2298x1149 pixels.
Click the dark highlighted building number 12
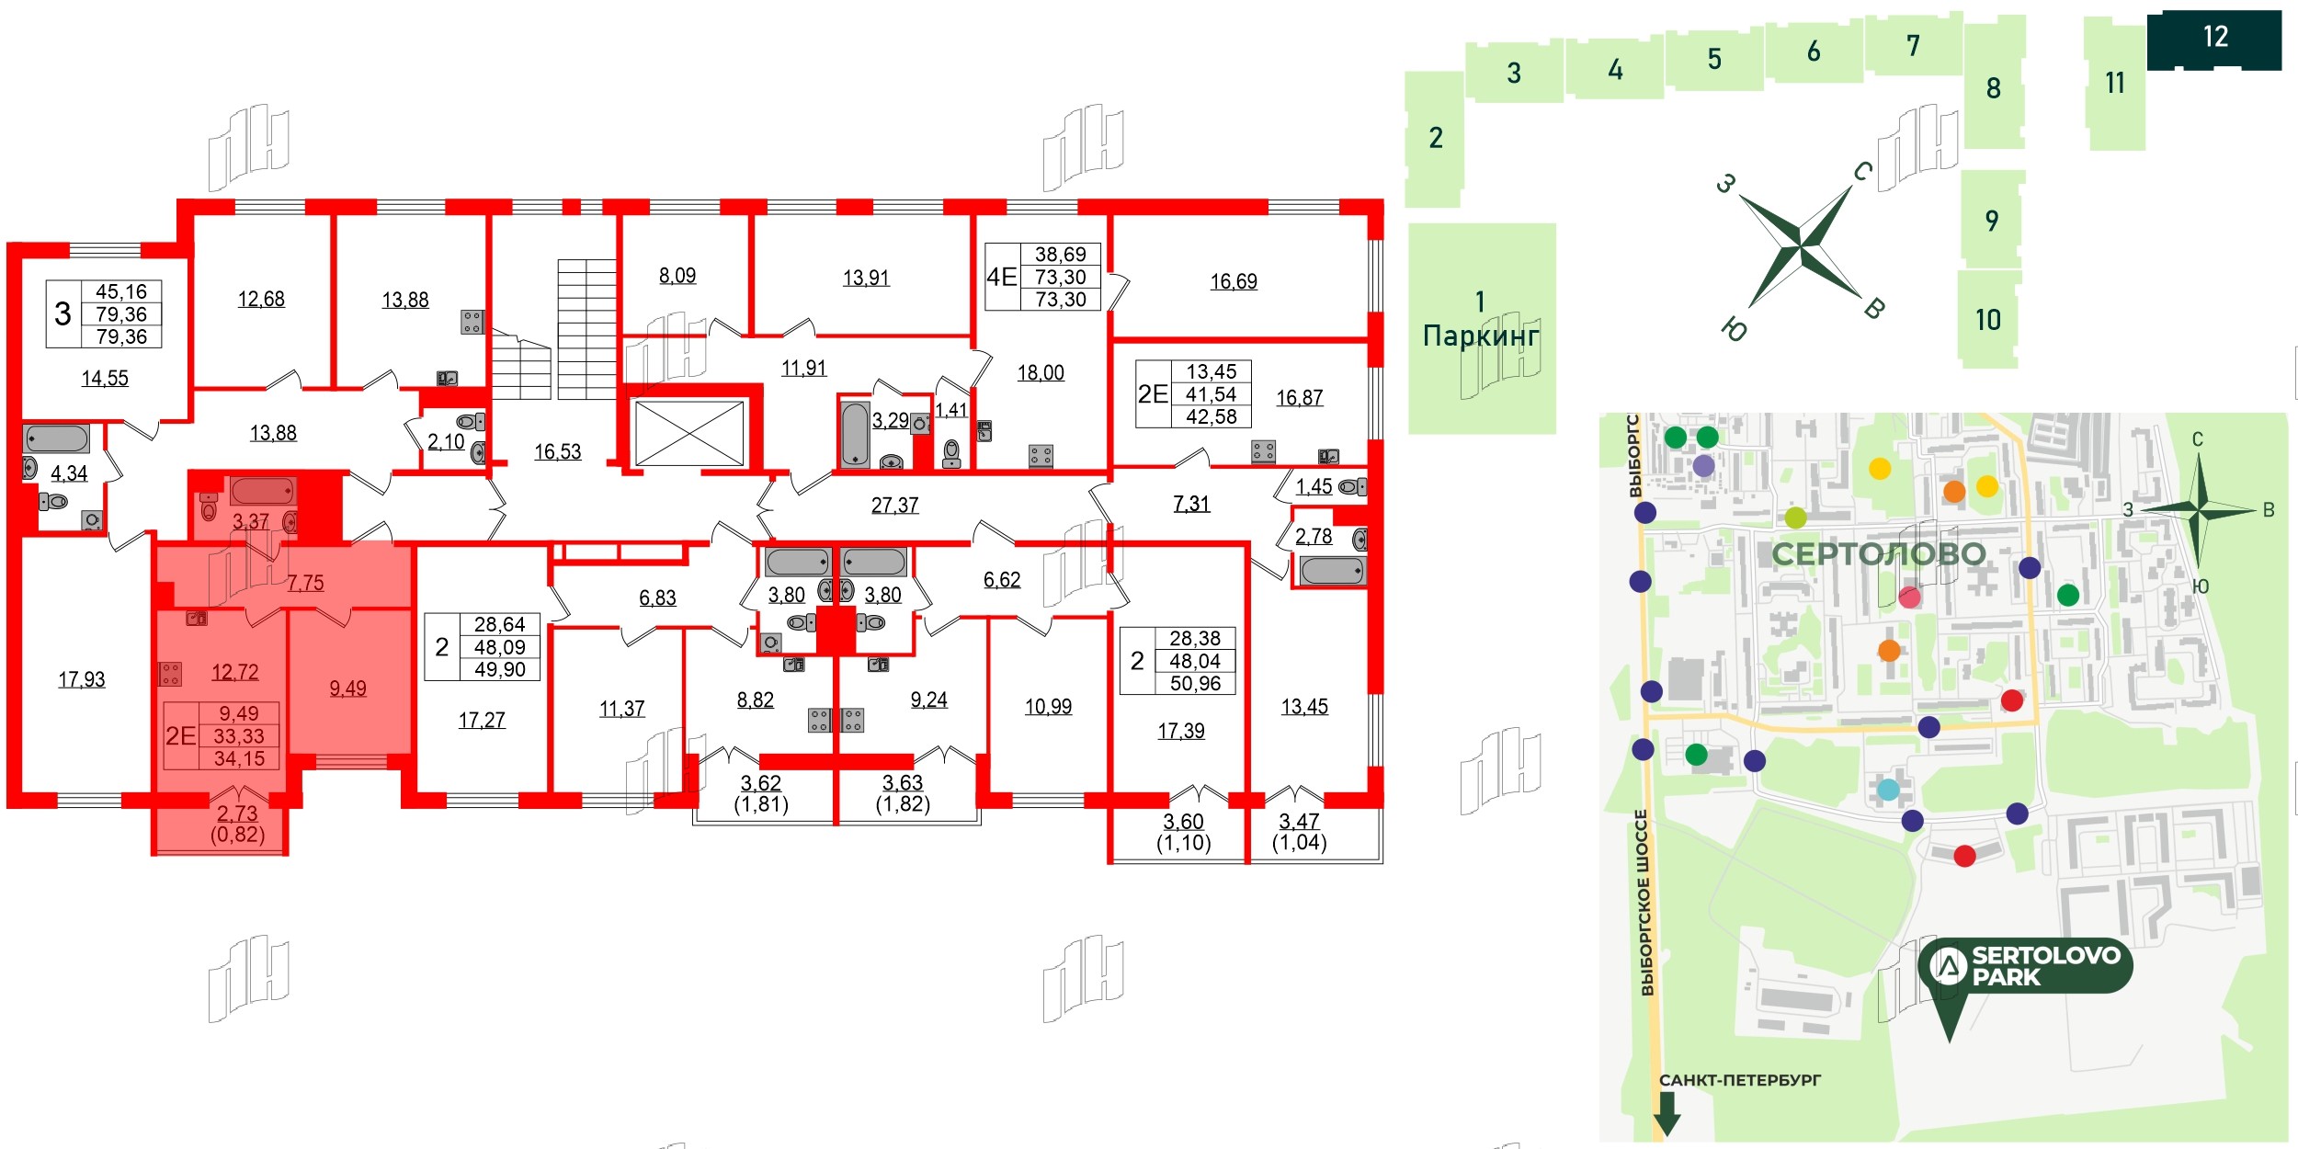point(2214,38)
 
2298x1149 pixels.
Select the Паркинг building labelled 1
point(1481,327)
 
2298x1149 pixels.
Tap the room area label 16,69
point(1234,281)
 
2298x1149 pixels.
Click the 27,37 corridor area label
point(894,505)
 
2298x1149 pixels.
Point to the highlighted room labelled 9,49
point(347,688)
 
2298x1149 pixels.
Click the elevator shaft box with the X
point(689,433)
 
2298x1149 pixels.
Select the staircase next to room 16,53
point(586,328)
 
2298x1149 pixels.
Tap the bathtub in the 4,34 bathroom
point(56,439)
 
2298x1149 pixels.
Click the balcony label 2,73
point(237,813)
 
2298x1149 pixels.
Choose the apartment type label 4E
point(1001,277)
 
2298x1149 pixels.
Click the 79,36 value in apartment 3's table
point(121,314)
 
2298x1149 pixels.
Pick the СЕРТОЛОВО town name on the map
point(1878,554)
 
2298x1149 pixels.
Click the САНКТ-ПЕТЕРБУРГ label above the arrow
point(1739,1080)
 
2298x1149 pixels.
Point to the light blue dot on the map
point(1888,790)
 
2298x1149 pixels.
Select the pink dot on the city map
point(1909,597)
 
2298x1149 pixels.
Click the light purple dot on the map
point(1703,466)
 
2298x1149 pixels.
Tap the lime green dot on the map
point(1795,518)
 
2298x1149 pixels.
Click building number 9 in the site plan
point(1991,221)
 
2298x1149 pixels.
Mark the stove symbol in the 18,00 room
point(1041,455)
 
